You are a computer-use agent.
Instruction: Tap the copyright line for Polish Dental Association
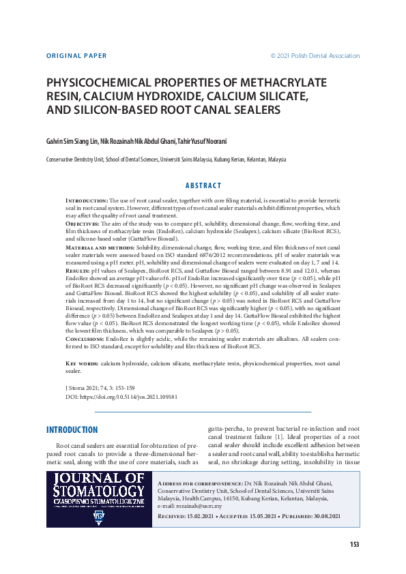pyautogui.click(x=315, y=56)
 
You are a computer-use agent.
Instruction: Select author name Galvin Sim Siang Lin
pyautogui.click(x=72, y=141)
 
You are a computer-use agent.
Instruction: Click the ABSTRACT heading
pyautogui.click(x=203, y=185)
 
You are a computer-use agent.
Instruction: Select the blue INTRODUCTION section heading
pyautogui.click(x=72, y=430)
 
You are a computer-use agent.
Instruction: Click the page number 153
pyautogui.click(x=354, y=544)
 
